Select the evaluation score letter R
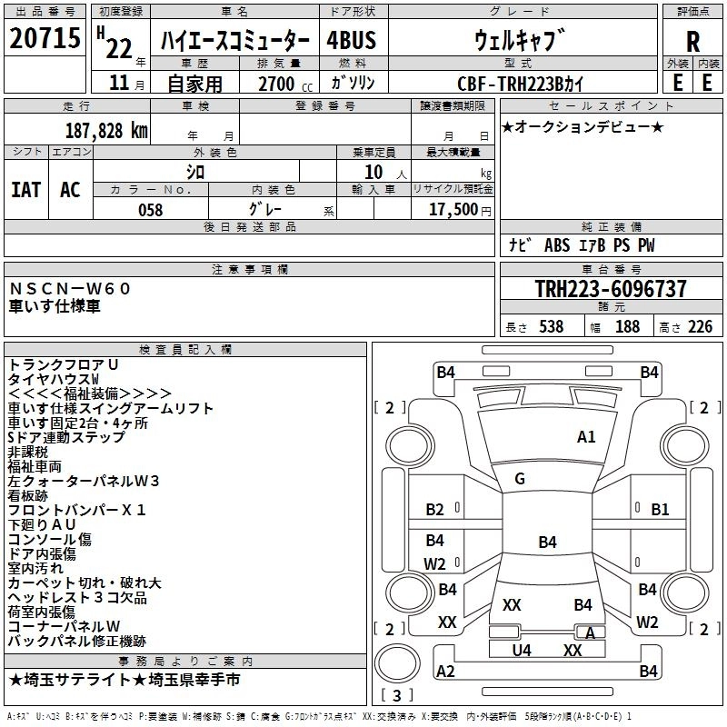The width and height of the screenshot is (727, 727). pos(692,42)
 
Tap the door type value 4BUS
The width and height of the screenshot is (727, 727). pos(351,41)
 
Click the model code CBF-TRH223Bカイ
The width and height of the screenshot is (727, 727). pos(520,84)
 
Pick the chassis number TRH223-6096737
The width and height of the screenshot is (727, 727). pos(611,289)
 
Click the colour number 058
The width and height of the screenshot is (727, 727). pos(150,210)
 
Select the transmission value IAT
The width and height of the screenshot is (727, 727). pos(25,189)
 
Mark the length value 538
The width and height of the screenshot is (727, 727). pos(551,326)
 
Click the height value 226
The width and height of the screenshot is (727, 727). pos(700,326)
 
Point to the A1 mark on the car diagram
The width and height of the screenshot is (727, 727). pos(586,437)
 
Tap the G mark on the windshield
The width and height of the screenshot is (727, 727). pos(519,479)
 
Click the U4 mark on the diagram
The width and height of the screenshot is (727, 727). pos(522,650)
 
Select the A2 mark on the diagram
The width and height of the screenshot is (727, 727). pos(446,671)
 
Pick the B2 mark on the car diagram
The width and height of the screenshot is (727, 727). pos(435,510)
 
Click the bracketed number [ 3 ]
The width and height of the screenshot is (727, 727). pos(397,695)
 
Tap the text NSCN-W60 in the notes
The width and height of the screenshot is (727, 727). pos(71,288)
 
